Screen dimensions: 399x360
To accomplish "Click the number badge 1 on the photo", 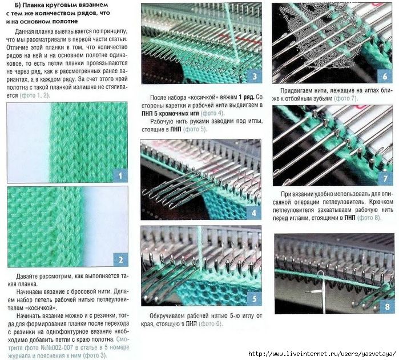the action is pyautogui.click(x=120, y=175).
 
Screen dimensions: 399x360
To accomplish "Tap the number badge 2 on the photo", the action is pyautogui.click(x=120, y=259).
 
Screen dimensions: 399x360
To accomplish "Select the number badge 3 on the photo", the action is pyautogui.click(x=255, y=76).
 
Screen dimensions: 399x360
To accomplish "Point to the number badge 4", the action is pyautogui.click(x=253, y=213).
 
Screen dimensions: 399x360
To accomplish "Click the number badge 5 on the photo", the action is pyautogui.click(x=254, y=298).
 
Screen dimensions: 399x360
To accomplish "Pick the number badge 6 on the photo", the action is pyautogui.click(x=385, y=76).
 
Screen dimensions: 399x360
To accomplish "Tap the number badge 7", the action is pyautogui.click(x=385, y=178).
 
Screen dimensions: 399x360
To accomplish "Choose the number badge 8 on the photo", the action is pyautogui.click(x=387, y=306).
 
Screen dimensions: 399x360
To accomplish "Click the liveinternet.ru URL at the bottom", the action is pyautogui.click(x=322, y=354).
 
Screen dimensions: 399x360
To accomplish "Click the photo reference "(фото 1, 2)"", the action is pyautogui.click(x=35, y=95).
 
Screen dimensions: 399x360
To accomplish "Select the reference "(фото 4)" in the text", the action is pyautogui.click(x=213, y=113).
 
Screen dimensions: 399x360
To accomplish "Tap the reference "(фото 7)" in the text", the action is pyautogui.click(x=346, y=98).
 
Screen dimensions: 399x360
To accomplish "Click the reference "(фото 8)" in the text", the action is pyautogui.click(x=369, y=218).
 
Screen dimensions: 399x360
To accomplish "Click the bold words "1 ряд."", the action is pyautogui.click(x=246, y=97).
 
